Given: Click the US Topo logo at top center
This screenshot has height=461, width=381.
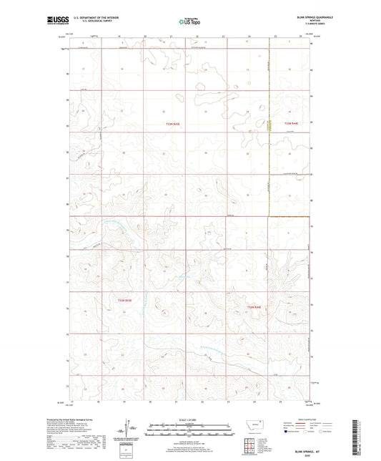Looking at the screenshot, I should click(x=189, y=22).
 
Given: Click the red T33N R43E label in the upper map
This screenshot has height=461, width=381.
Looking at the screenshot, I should click(x=173, y=124).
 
